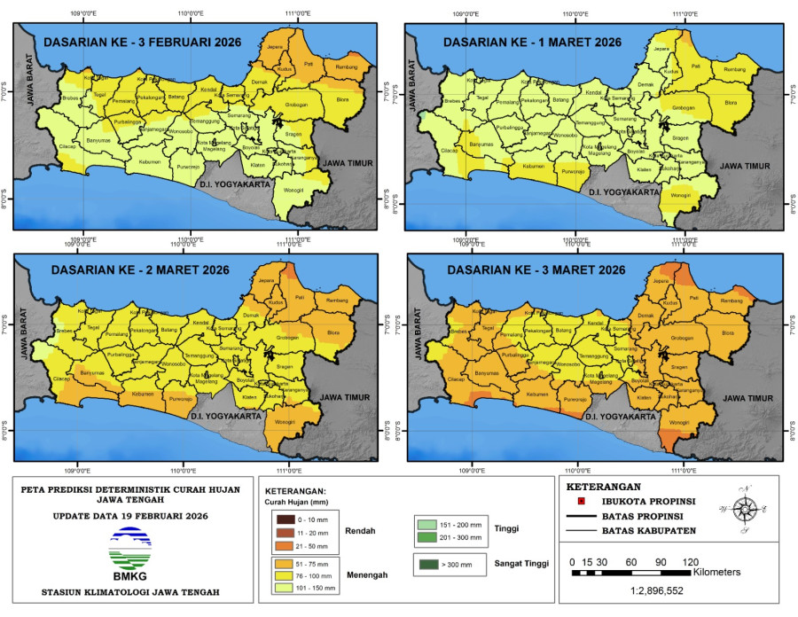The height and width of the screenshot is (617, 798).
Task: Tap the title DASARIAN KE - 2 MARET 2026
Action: pos(139,269)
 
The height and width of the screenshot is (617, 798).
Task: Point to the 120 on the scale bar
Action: pos(691,561)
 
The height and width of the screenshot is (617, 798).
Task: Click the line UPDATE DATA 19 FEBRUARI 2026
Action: pos(130,515)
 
